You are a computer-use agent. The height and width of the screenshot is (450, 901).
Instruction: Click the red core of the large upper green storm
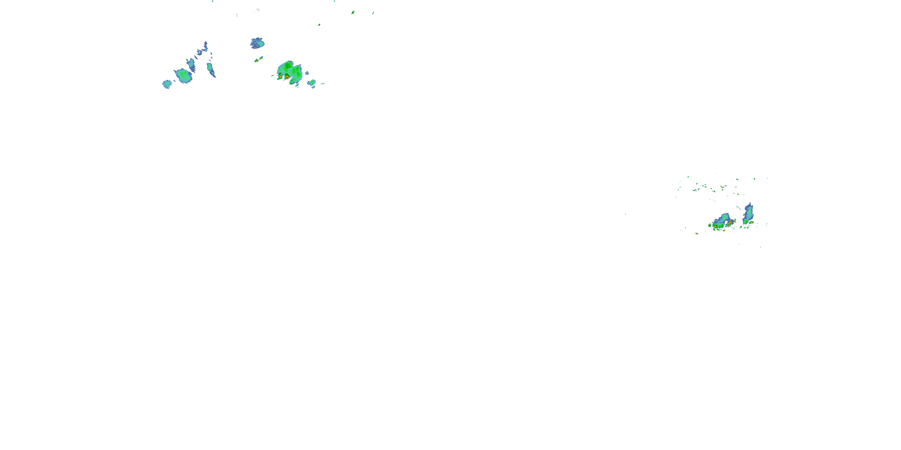click(287, 76)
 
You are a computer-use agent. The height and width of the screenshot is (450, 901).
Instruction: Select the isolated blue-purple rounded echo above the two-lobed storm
click(257, 43)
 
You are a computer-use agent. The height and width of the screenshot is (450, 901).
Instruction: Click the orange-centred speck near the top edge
click(353, 13)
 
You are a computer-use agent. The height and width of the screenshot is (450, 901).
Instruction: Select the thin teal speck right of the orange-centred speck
click(373, 13)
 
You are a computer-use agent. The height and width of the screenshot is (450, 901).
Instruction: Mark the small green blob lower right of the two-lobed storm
click(311, 83)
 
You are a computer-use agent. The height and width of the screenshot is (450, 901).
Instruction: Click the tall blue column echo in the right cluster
click(748, 214)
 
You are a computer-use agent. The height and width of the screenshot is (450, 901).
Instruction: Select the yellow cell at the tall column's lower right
click(751, 222)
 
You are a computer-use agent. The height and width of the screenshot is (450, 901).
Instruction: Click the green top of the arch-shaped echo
click(725, 217)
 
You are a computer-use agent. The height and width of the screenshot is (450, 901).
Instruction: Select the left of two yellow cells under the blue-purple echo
click(256, 60)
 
